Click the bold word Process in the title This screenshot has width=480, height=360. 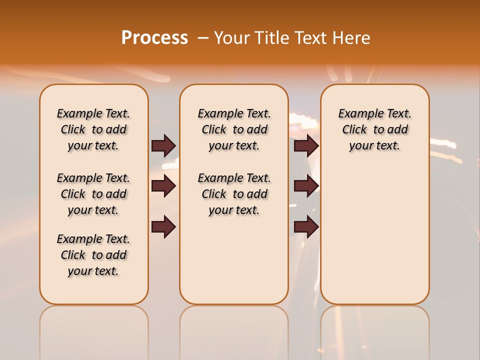pyautogui.click(x=154, y=38)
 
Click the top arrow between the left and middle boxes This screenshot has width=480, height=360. pyautogui.click(x=163, y=145)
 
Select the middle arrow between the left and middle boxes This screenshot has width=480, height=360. pyautogui.click(x=163, y=186)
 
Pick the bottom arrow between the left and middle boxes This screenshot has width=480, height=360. pyautogui.click(x=163, y=227)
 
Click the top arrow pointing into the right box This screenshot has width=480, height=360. pyautogui.click(x=306, y=145)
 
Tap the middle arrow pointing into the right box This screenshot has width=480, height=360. pyautogui.click(x=306, y=186)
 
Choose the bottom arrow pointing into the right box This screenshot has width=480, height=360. pyautogui.click(x=306, y=227)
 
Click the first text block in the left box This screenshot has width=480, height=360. pyautogui.click(x=93, y=129)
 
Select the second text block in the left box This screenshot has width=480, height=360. pyautogui.click(x=93, y=194)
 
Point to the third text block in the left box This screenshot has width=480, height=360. pyautogui.click(x=93, y=255)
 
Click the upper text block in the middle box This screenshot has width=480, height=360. pyautogui.click(x=234, y=129)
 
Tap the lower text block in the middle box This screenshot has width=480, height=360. pyautogui.click(x=234, y=194)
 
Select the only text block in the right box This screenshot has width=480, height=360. pyautogui.click(x=374, y=129)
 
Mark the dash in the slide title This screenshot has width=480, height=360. pyautogui.click(x=202, y=38)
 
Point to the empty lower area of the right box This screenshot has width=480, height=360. pyautogui.click(x=374, y=240)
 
